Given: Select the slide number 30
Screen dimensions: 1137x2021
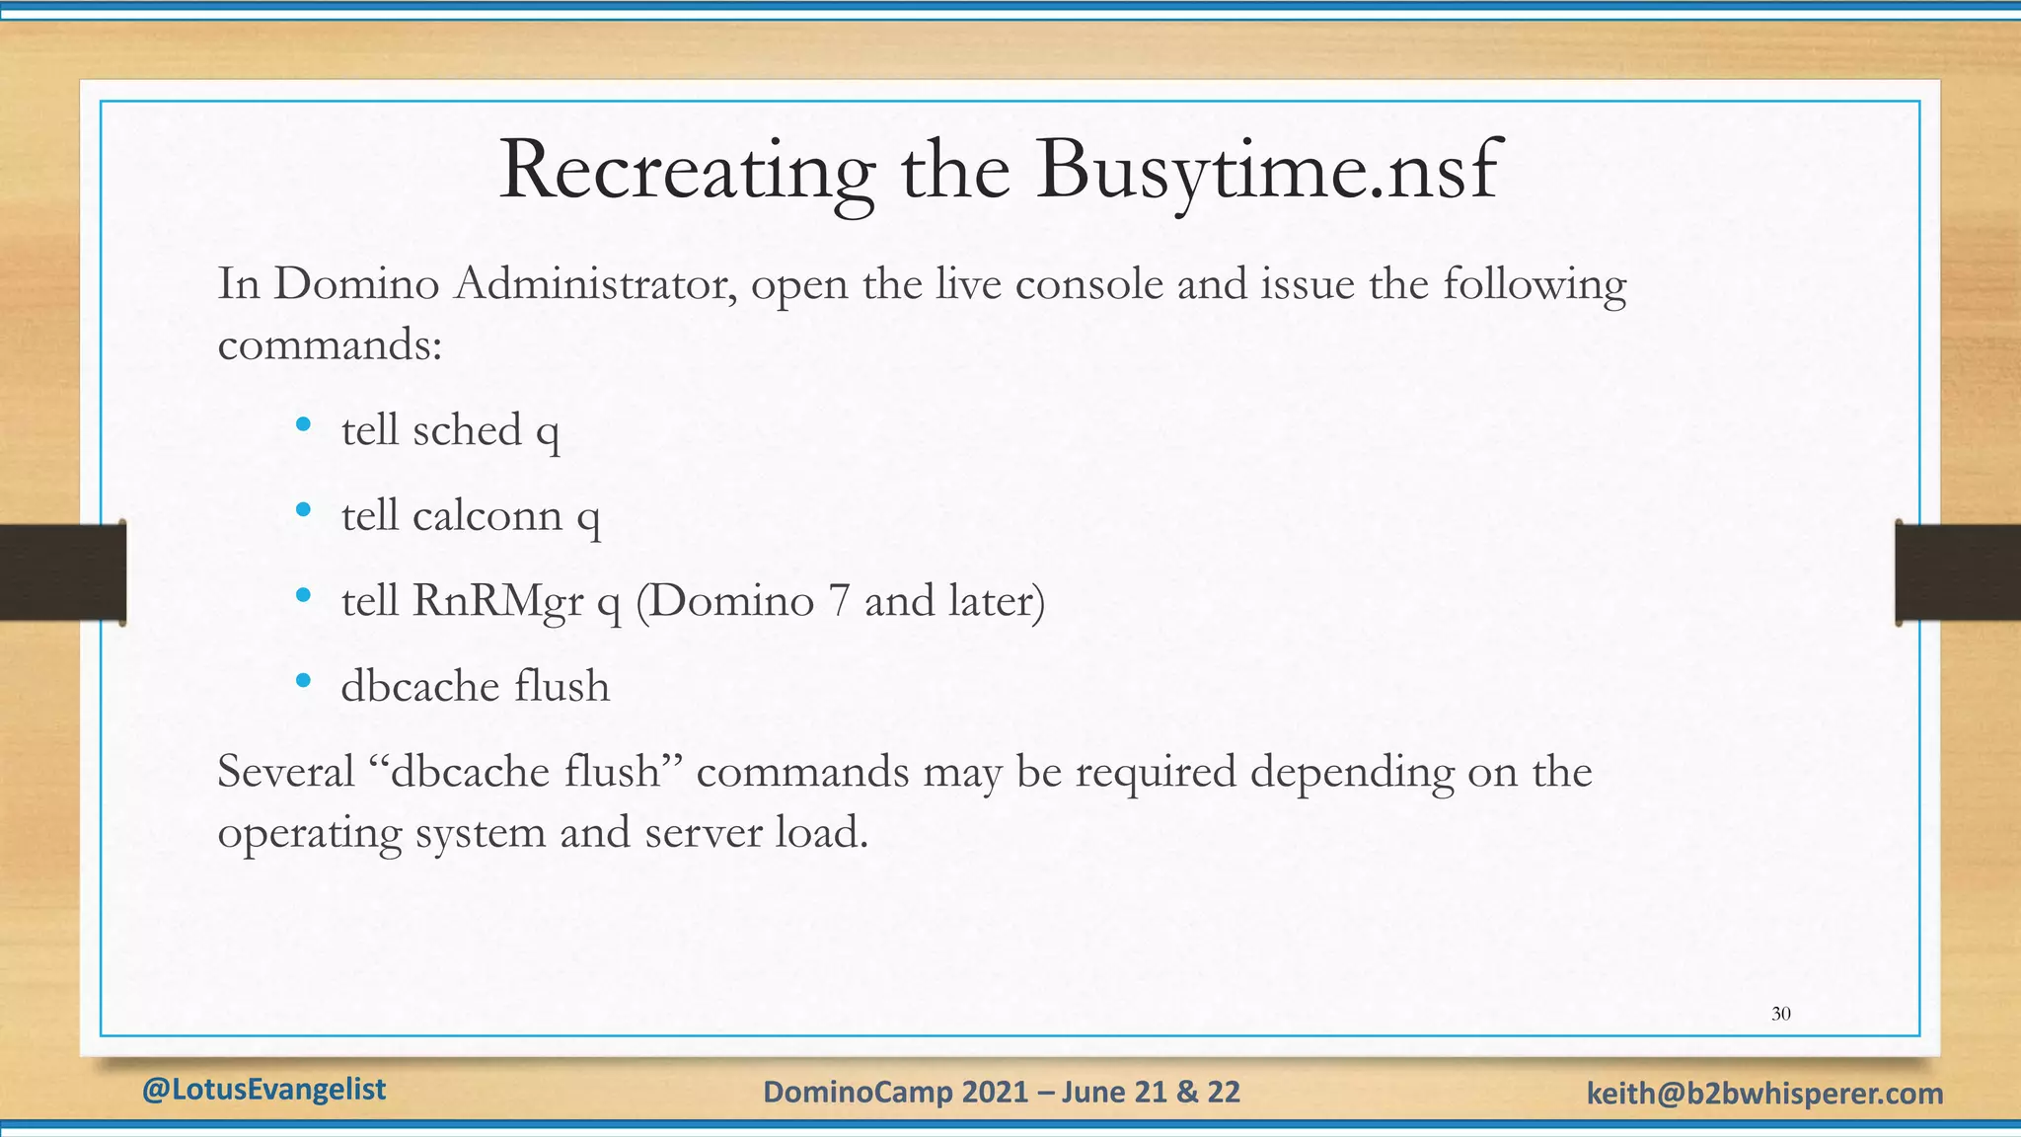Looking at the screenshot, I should point(1781,1014).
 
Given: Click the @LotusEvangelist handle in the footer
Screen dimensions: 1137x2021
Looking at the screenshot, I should point(264,1089).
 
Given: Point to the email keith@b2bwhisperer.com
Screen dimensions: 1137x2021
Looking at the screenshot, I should point(1764,1093).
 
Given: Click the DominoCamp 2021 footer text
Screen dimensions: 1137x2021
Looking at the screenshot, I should point(1002,1092).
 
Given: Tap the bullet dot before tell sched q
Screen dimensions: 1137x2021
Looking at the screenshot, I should point(304,425).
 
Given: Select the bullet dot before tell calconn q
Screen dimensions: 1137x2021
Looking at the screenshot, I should point(304,510).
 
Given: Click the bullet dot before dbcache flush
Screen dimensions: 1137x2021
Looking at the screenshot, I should point(304,680).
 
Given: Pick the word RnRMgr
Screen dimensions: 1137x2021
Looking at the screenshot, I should point(497,601).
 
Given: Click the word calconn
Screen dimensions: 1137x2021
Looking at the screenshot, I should point(487,515).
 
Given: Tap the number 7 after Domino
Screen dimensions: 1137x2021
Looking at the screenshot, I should point(839,601).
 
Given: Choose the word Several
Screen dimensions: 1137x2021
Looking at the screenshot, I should point(285,771).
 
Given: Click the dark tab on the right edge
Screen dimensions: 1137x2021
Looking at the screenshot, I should point(1958,572).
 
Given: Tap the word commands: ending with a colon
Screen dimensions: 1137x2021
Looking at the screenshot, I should point(330,345).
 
